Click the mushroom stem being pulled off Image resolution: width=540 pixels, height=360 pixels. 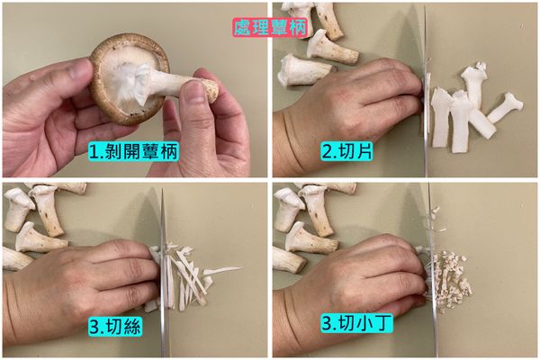pyautogui.click(x=184, y=85)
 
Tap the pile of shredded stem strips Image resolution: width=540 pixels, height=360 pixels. pyautogui.click(x=193, y=274)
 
